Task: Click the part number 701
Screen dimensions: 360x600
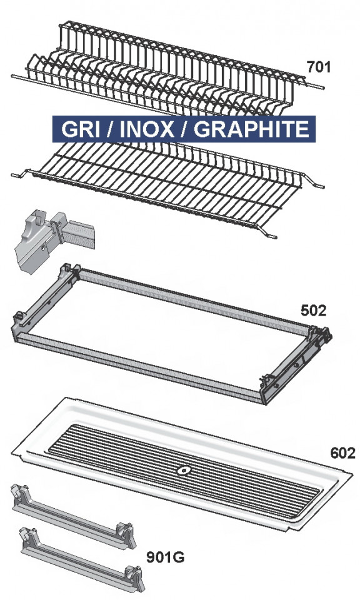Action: point(318,67)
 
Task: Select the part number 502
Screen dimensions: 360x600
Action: point(314,311)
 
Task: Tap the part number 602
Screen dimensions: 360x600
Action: point(342,453)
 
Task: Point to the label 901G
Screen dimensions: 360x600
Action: point(165,557)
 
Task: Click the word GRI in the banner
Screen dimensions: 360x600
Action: point(78,129)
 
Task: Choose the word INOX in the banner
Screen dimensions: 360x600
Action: point(147,129)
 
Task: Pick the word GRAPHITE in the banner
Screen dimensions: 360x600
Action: point(251,129)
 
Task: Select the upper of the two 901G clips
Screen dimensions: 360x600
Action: point(73,517)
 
